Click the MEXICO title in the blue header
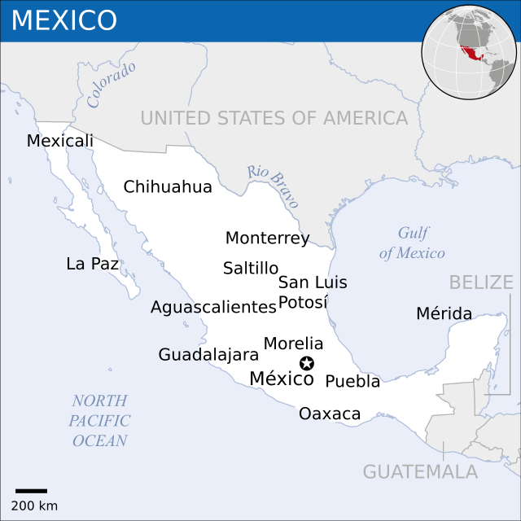(x=64, y=20)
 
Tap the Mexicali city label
(x=59, y=141)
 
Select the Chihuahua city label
(x=168, y=187)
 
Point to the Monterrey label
(x=267, y=239)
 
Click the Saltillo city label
(x=251, y=268)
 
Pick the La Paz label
(x=92, y=264)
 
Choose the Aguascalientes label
(x=213, y=307)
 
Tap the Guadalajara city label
(x=208, y=355)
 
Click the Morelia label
(x=293, y=344)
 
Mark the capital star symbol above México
(x=307, y=363)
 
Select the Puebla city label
(x=352, y=381)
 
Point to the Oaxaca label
(x=330, y=414)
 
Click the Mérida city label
(x=444, y=313)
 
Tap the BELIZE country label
(x=481, y=282)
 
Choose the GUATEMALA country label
(x=420, y=471)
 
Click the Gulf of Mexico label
(x=412, y=243)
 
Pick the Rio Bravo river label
(x=274, y=187)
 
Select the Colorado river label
(x=112, y=85)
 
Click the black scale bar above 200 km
(x=31, y=491)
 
